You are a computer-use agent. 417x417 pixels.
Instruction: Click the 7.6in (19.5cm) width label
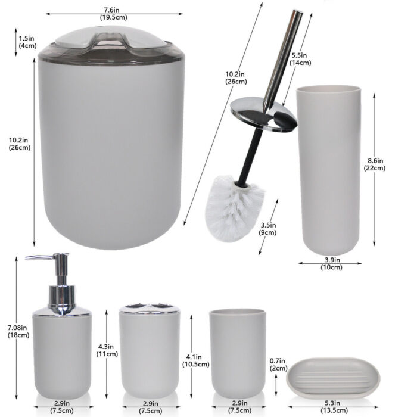114,14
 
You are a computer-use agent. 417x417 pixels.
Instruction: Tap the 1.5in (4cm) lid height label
27,42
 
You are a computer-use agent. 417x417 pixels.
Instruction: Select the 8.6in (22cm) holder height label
375,164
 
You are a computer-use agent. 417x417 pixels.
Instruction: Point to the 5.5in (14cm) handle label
300,59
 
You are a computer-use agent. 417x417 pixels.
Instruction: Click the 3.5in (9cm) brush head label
268,229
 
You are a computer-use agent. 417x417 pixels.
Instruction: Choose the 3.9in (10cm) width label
331,263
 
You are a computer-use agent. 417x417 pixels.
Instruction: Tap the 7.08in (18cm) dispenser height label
18,331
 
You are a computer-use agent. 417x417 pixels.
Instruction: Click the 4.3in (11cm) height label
107,350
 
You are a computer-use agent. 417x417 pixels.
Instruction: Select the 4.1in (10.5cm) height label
196,360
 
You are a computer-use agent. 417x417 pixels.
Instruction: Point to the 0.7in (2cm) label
278,365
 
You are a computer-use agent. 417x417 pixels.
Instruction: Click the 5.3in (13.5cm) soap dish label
334,407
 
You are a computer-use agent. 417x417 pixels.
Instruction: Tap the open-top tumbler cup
238,354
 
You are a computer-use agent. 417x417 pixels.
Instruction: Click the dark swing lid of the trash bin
111,46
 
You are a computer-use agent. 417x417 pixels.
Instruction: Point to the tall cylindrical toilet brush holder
328,170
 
